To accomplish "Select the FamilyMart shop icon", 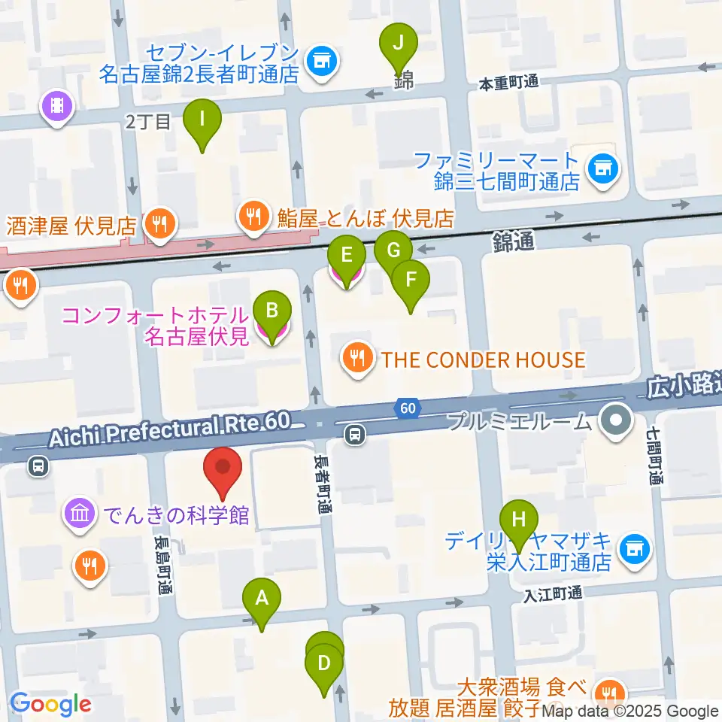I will (602, 167).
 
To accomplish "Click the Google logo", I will (50, 705).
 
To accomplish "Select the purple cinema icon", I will (58, 105).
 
